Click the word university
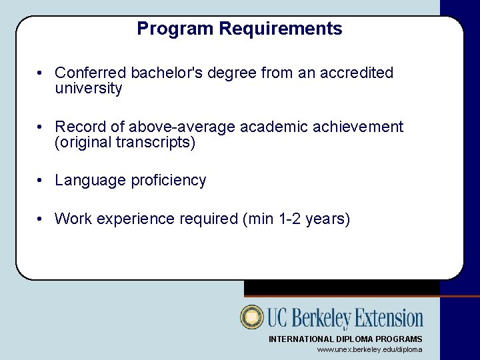point(89,89)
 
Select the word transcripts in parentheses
point(157,143)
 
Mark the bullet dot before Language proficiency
point(41,181)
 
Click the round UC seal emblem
point(253,317)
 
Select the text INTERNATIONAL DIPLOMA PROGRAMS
point(345,339)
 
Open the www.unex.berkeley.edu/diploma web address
point(369,349)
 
